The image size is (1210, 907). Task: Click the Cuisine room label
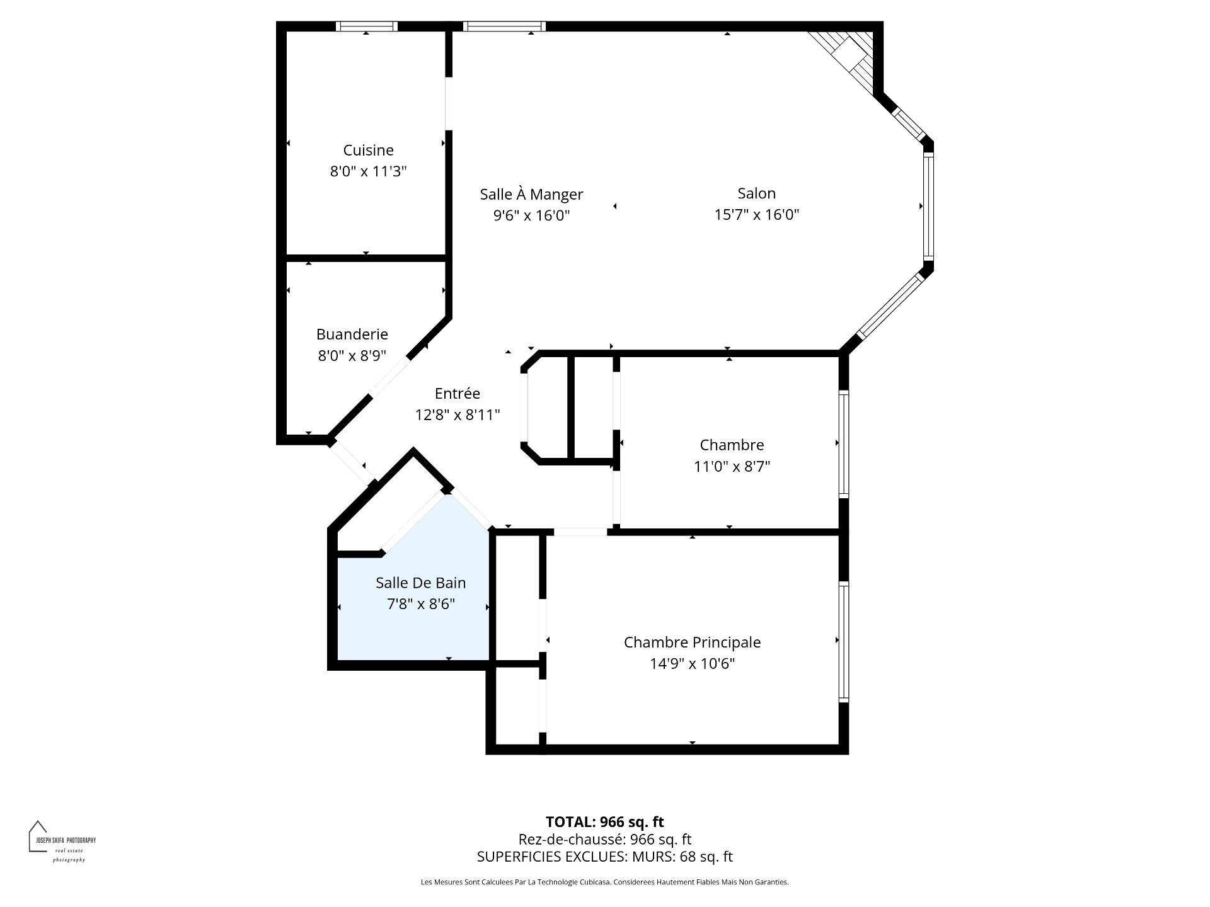pyautogui.click(x=368, y=150)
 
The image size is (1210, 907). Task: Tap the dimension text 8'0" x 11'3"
pyautogui.click(x=368, y=171)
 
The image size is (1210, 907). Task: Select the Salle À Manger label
pyautogui.click(x=531, y=194)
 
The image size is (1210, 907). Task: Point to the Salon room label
pyautogui.click(x=756, y=193)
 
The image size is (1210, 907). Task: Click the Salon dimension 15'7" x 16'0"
pyautogui.click(x=756, y=215)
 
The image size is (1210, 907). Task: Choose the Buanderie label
pyautogui.click(x=352, y=334)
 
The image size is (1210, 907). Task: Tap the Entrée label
pyautogui.click(x=457, y=393)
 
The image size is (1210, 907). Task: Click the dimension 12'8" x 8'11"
pyautogui.click(x=457, y=414)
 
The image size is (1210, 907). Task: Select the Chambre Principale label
pyautogui.click(x=692, y=642)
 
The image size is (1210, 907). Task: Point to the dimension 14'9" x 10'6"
pyautogui.click(x=692, y=664)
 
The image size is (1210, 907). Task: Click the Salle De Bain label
pyautogui.click(x=420, y=583)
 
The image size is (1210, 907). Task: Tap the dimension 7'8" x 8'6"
pyautogui.click(x=420, y=604)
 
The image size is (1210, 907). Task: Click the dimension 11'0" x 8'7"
pyautogui.click(x=732, y=467)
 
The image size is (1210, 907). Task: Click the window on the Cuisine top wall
pyautogui.click(x=366, y=26)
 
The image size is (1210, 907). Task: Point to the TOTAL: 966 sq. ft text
pyautogui.click(x=604, y=822)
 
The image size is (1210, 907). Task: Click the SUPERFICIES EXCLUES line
pyautogui.click(x=604, y=857)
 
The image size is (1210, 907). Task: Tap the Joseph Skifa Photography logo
pyautogui.click(x=62, y=841)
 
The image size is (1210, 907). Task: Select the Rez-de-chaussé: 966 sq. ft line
pyautogui.click(x=604, y=840)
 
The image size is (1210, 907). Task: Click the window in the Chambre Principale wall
pyautogui.click(x=844, y=641)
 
